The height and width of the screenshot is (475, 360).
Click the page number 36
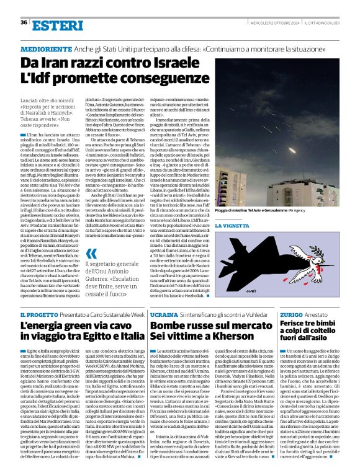point(24,22)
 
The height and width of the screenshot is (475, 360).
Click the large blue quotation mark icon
point(92,253)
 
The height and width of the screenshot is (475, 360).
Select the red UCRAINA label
point(164,316)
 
